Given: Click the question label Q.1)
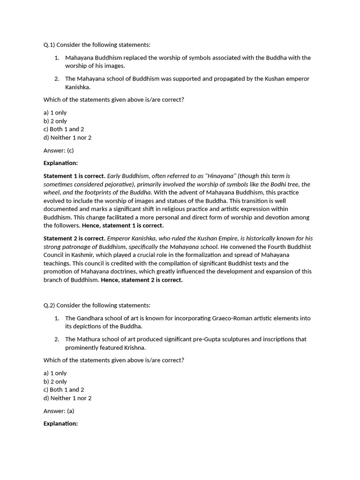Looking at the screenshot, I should point(49,45).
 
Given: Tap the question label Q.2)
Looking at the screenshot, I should point(49,305).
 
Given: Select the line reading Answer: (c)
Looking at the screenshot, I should point(59,150).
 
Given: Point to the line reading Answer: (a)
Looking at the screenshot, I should point(59,411).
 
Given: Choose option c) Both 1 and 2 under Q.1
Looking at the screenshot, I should point(64,129).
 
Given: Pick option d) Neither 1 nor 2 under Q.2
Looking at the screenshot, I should point(67,398).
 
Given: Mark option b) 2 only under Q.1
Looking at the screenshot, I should point(55,121).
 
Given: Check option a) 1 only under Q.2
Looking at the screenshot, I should point(55,373).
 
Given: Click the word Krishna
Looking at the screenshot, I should point(135,347).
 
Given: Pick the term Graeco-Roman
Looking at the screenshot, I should point(223,318).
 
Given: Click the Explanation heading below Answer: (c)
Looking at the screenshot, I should point(60,163).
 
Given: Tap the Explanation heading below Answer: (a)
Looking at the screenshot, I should point(60,423).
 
